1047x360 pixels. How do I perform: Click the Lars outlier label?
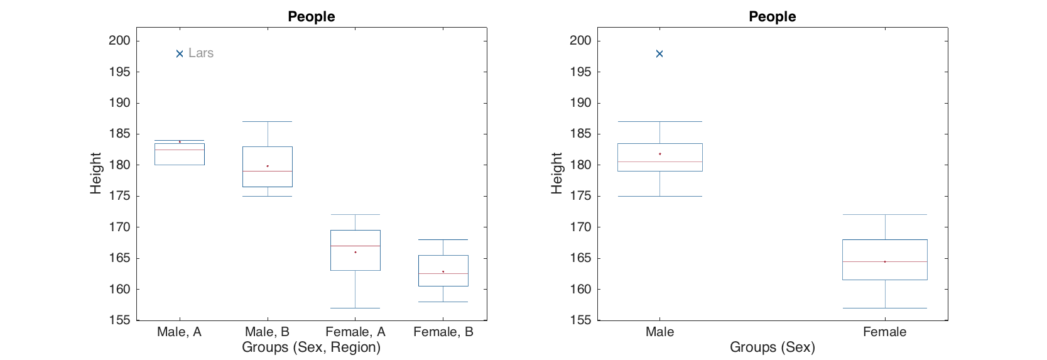pyautogui.click(x=201, y=53)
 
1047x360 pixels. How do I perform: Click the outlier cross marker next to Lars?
pyautogui.click(x=180, y=54)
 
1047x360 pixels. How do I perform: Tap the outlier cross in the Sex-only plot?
pyautogui.click(x=659, y=54)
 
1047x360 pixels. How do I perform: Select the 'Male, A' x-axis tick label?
pyautogui.click(x=180, y=332)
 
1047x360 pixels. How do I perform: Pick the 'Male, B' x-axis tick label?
pyautogui.click(x=268, y=332)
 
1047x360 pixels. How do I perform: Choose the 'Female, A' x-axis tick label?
pyautogui.click(x=355, y=332)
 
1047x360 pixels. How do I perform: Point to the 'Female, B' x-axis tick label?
pyautogui.click(x=443, y=332)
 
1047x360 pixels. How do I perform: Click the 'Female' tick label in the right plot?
pyautogui.click(x=884, y=332)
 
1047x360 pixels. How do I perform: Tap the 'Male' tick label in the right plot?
pyautogui.click(x=659, y=332)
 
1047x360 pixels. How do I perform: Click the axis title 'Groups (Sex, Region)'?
pyautogui.click(x=312, y=347)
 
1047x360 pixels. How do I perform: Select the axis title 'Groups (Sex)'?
pyautogui.click(x=773, y=347)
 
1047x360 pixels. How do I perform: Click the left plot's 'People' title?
pyautogui.click(x=312, y=17)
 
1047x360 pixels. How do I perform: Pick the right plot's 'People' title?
pyautogui.click(x=773, y=17)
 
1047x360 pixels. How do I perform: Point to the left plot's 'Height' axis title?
pyautogui.click(x=95, y=173)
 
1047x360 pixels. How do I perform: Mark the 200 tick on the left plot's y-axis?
pyautogui.click(x=119, y=41)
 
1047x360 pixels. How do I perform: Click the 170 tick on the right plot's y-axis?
pyautogui.click(x=580, y=227)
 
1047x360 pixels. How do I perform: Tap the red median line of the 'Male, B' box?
pyautogui.click(x=268, y=171)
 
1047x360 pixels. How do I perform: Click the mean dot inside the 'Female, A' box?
pyautogui.click(x=355, y=252)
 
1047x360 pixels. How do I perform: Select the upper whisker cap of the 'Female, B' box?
pyautogui.click(x=443, y=239)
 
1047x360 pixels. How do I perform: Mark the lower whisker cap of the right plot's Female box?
pyautogui.click(x=885, y=308)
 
